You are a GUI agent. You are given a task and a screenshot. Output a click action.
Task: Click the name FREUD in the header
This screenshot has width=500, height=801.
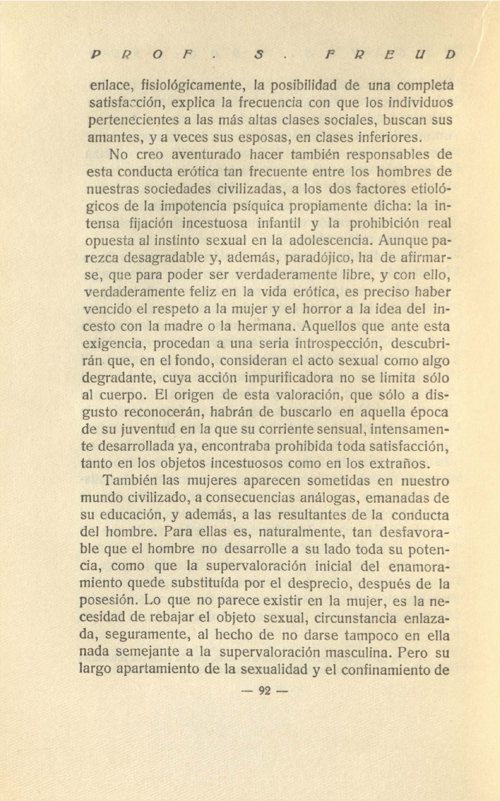pos(389,55)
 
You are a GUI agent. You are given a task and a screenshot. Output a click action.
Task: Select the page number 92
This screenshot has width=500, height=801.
pos(265,690)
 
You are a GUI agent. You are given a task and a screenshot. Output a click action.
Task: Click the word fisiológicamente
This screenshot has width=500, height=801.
pos(192,85)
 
